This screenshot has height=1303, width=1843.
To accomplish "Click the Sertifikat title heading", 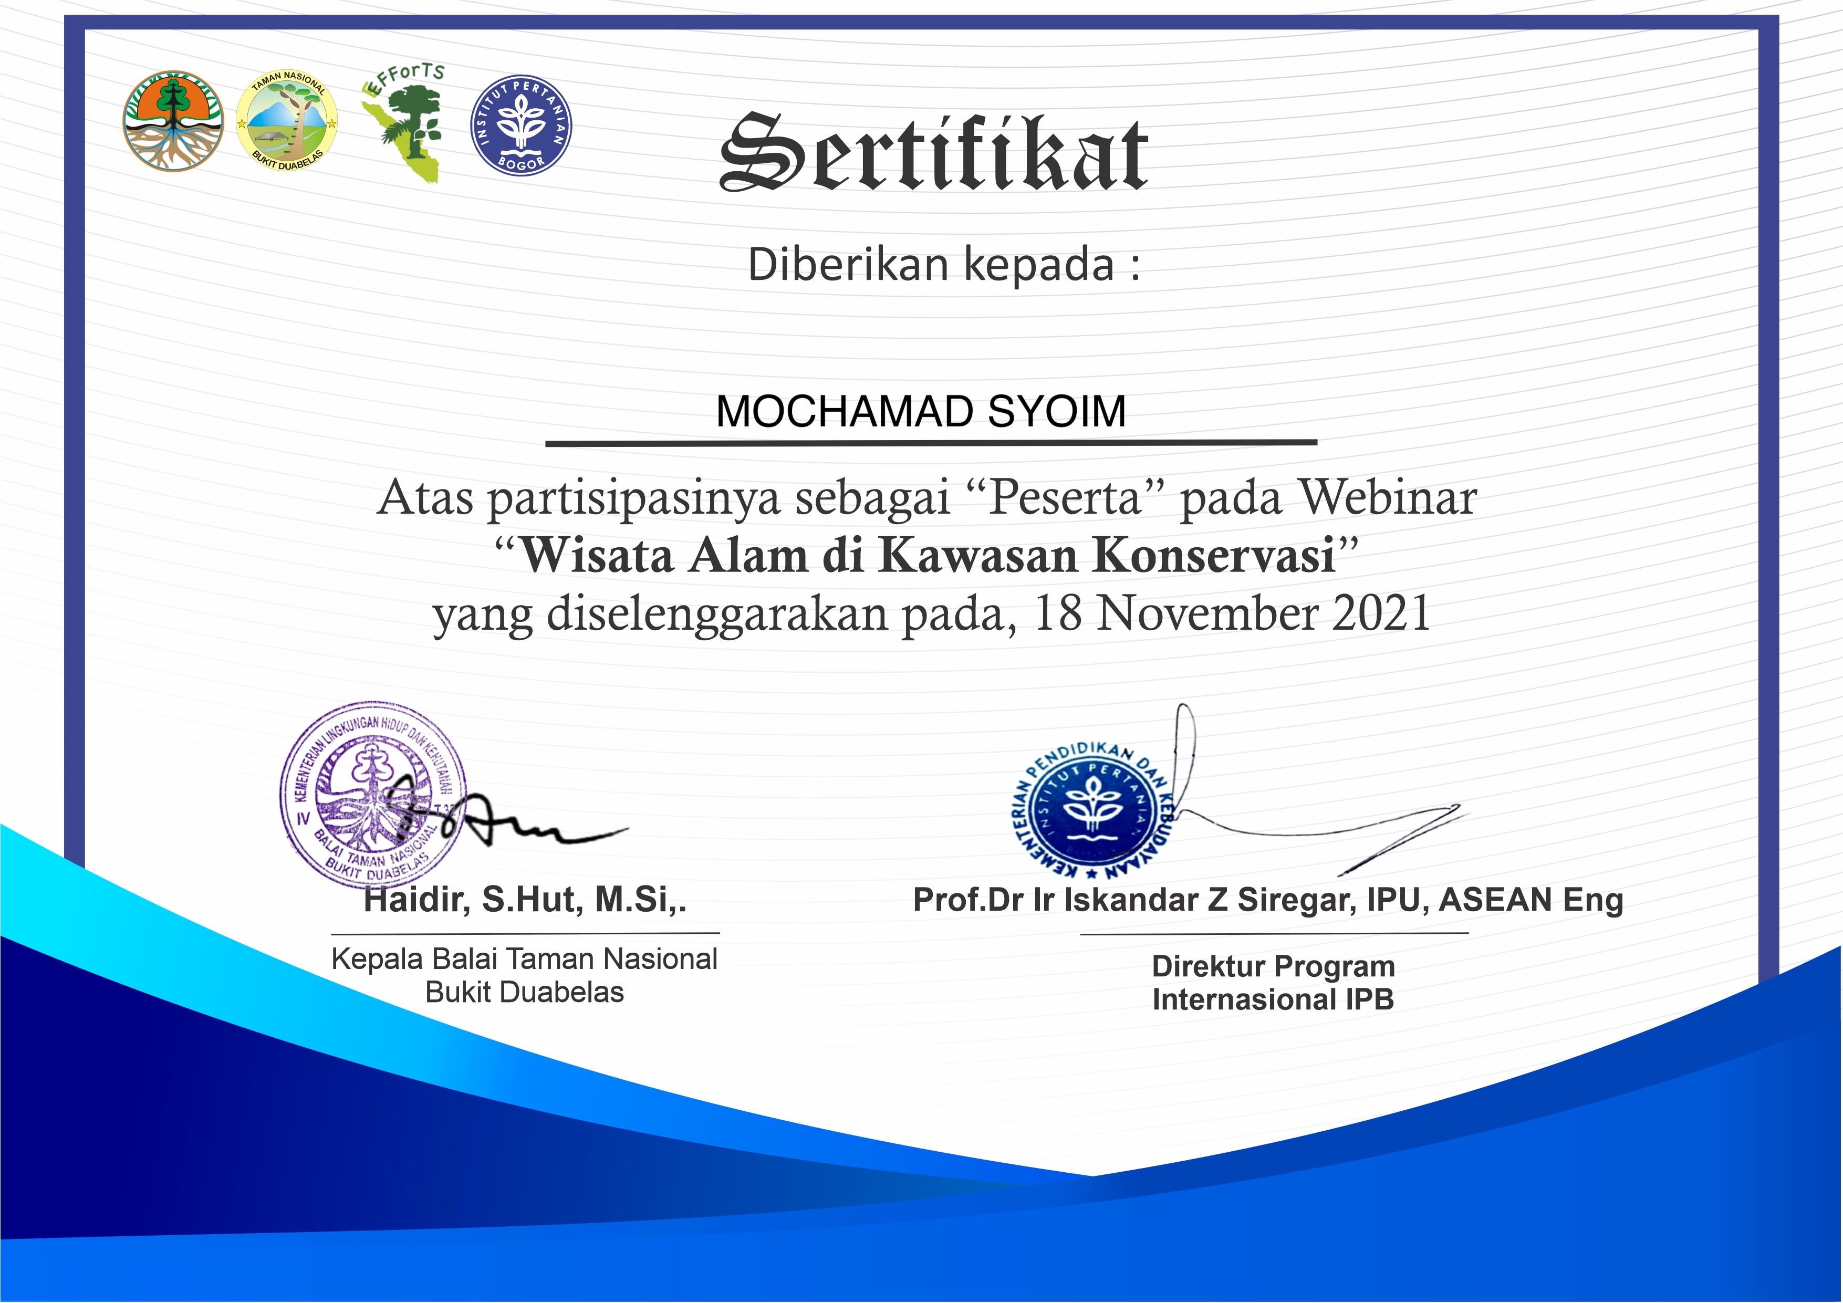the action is coord(933,152).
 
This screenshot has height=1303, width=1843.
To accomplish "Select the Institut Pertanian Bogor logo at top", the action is coord(521,126).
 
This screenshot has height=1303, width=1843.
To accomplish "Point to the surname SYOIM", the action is coord(1056,411).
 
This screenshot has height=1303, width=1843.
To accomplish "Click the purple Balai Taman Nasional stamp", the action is coord(373,795).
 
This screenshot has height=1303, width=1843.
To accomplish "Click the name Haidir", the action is coord(416,899).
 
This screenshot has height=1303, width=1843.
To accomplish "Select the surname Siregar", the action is coord(1296,899).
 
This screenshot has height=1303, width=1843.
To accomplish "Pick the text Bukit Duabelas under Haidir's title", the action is coord(524,992).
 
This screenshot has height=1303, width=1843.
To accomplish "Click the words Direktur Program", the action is coord(1273,966).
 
